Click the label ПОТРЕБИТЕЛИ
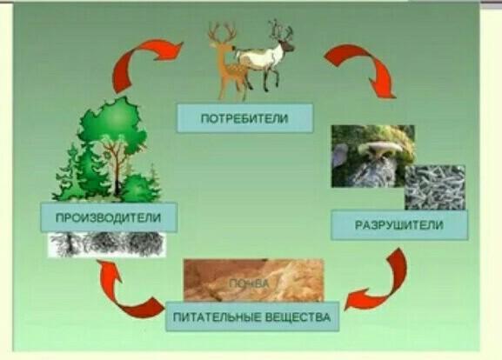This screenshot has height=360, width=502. [x=244, y=119]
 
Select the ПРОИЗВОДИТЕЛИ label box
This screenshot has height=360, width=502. [x=109, y=217]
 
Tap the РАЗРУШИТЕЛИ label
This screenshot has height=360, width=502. [x=399, y=225]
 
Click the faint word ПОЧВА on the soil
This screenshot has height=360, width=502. [x=250, y=283]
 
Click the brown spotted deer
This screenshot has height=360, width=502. [x=228, y=61]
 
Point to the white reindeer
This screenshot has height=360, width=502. [x=264, y=56]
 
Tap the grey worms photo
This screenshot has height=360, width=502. [x=435, y=188]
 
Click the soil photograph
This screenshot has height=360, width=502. [x=253, y=280]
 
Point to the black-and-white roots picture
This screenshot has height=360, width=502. [x=107, y=244]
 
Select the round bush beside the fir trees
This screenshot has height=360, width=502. [x=137, y=189]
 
